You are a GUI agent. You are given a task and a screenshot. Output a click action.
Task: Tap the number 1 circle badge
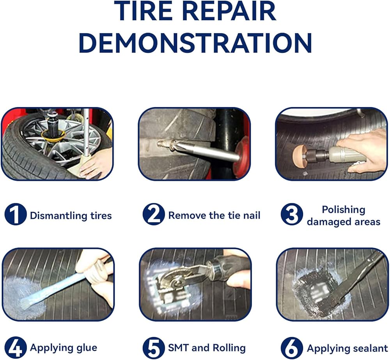16,214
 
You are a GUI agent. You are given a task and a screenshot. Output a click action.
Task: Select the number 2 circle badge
154,214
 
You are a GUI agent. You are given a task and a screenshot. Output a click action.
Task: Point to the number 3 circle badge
292,214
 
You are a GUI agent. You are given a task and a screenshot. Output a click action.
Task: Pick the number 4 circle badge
16,348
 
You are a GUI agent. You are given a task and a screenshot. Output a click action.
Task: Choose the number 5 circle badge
154,348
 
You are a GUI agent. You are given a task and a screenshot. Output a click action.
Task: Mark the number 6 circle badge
292,348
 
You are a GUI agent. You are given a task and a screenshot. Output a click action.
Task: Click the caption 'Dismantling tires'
71,216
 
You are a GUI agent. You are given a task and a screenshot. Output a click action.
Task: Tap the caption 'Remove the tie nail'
214,215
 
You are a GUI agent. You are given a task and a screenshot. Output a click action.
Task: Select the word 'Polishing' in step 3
344,210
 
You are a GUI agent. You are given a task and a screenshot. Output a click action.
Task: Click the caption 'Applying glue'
64,348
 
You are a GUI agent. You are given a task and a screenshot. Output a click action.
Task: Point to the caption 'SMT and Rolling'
207,348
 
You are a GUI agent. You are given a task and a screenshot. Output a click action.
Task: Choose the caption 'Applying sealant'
347,348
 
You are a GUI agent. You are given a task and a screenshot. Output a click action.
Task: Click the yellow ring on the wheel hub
53,136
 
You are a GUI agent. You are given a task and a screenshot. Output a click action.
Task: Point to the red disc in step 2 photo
242,157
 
